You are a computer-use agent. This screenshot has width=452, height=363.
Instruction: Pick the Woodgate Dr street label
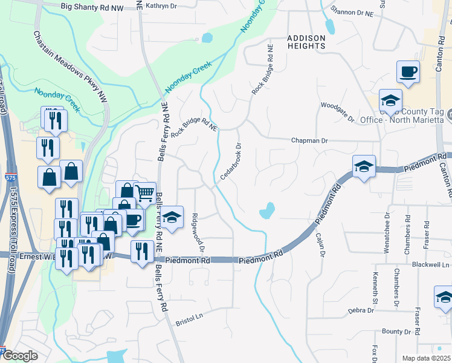click(338, 111)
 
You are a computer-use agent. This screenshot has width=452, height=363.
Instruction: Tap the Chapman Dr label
click(309, 140)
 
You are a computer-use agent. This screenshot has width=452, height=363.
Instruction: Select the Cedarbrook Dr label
click(231, 161)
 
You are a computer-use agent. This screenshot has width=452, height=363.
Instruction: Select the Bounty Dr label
click(396, 331)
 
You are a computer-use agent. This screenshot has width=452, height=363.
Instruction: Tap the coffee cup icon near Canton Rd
click(408, 72)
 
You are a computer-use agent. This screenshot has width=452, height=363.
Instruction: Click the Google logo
click(19, 356)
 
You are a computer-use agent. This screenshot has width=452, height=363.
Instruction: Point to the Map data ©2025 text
click(425, 358)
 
